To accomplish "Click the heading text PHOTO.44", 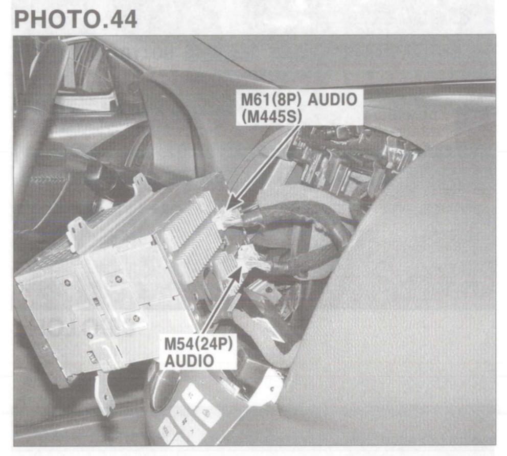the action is click(x=76, y=19).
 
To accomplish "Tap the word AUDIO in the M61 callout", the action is click(x=332, y=100).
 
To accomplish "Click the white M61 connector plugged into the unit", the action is click(x=227, y=218).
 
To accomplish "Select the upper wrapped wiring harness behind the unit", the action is click(x=296, y=215).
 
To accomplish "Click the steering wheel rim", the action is click(x=31, y=128).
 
